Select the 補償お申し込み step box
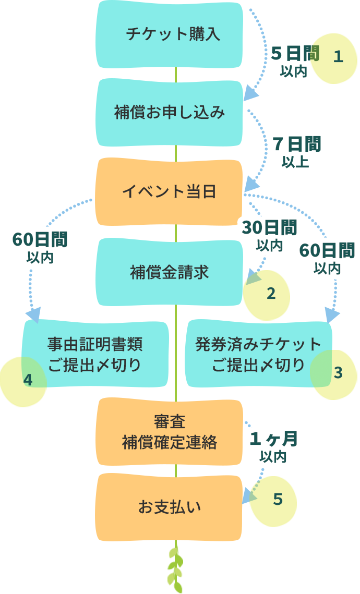pos(170,113)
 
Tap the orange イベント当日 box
pos(170,192)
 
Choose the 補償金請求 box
pos(170,272)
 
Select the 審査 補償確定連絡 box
pos(170,432)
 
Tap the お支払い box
pos(170,506)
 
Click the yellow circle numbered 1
pos(338,57)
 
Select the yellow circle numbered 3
pos(338,373)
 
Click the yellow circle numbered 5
pos(277,500)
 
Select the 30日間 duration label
pos(269,227)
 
